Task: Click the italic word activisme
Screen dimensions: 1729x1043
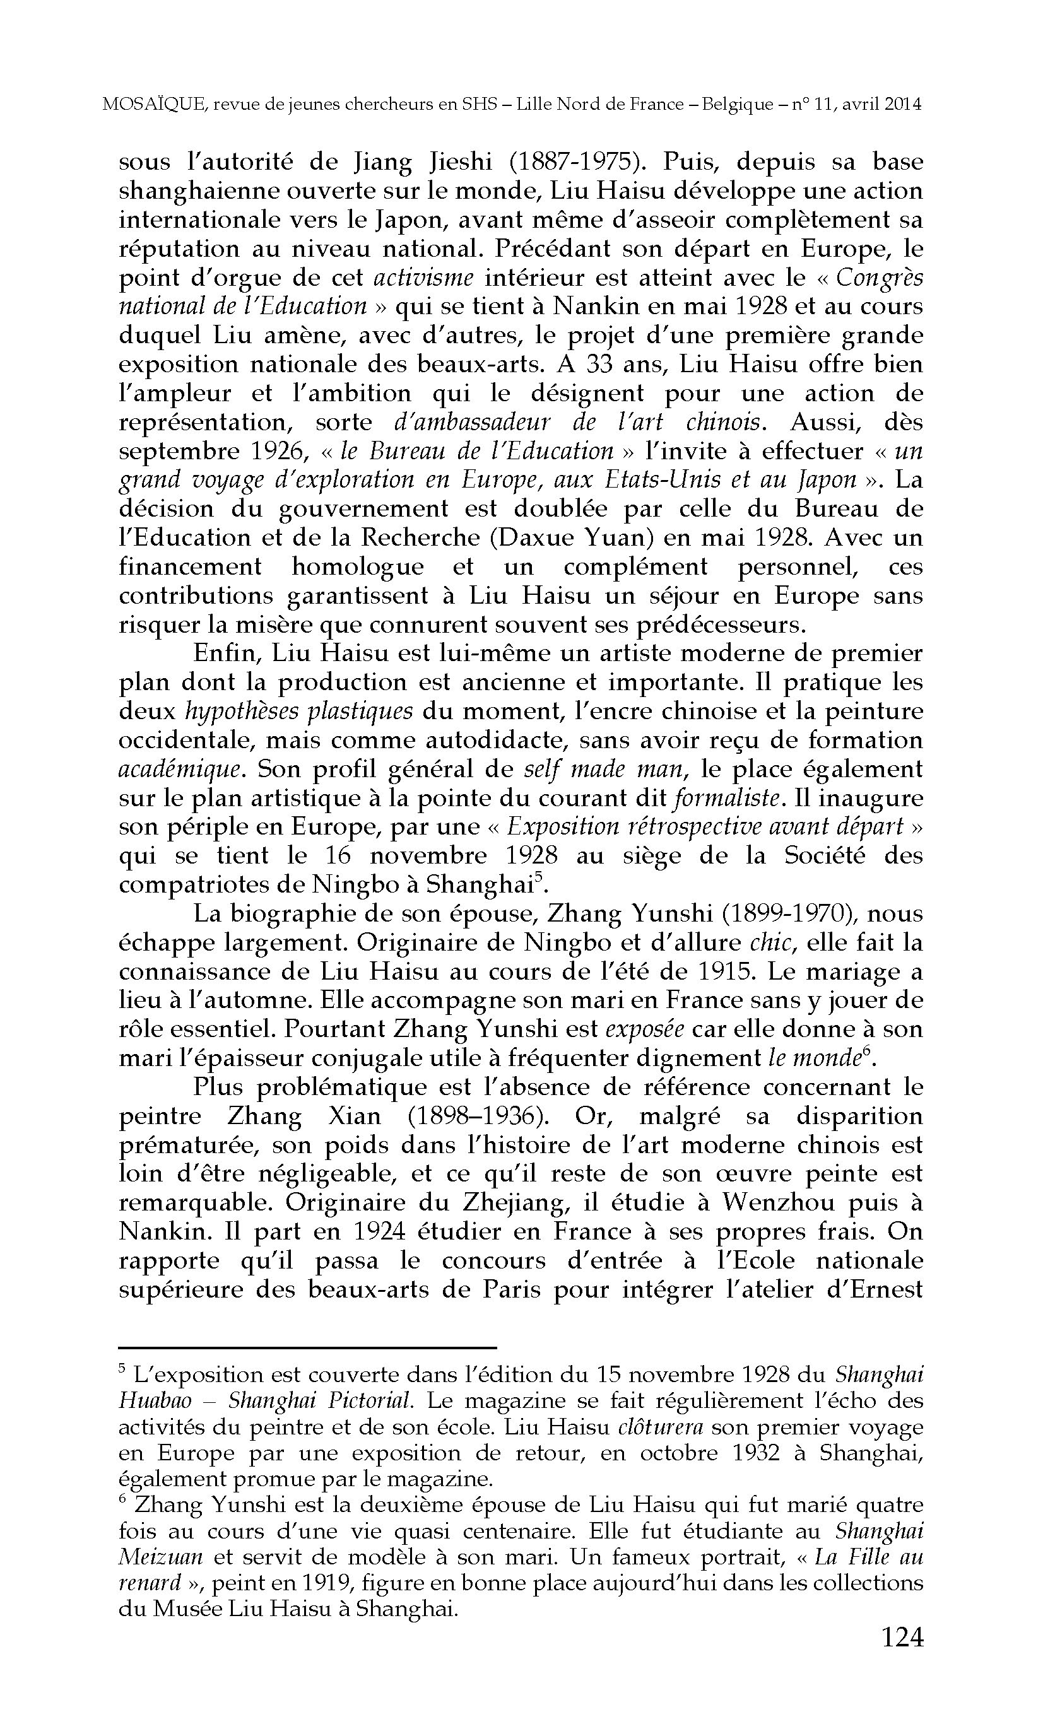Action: click(423, 278)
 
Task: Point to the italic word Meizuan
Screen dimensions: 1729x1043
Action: click(161, 1557)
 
